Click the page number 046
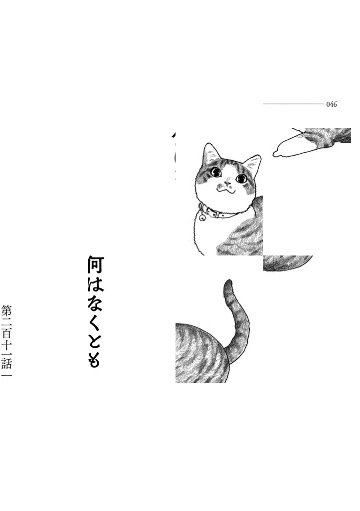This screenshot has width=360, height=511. (x=332, y=105)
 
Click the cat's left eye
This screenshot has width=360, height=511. (x=215, y=172)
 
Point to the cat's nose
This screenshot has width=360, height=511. (x=226, y=181)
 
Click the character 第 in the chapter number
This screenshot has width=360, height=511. (x=6, y=310)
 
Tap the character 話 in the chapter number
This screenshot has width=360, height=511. (x=6, y=365)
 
